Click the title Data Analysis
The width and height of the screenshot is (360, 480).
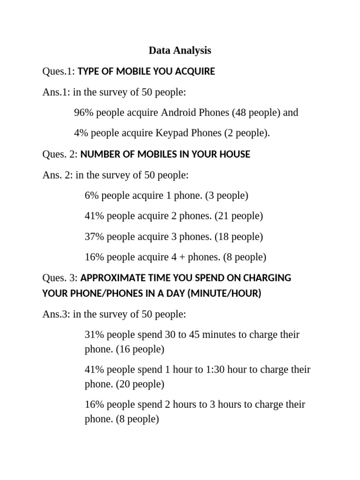(x=180, y=50)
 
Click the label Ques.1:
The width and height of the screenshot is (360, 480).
(x=58, y=71)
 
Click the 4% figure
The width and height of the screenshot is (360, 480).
(x=81, y=133)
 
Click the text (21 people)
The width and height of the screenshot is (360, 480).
(x=239, y=216)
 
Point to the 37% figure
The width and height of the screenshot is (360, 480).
(x=94, y=237)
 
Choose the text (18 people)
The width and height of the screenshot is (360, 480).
(x=239, y=237)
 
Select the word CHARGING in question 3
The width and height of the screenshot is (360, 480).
(x=267, y=278)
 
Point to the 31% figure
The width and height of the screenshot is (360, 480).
(x=94, y=335)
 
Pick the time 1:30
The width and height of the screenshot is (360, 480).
(x=215, y=369)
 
